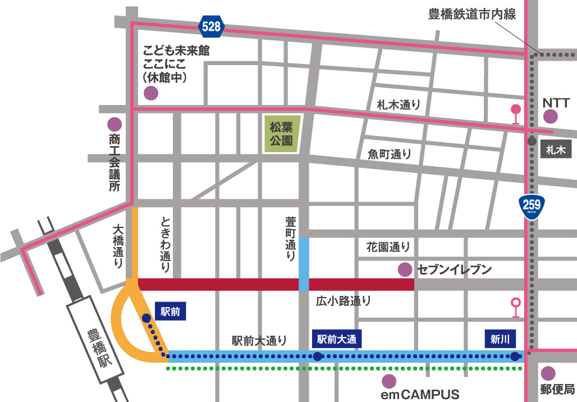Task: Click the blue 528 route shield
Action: [212, 26]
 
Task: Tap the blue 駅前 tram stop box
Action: [170, 312]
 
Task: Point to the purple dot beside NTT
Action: [551, 116]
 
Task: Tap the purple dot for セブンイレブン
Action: [404, 269]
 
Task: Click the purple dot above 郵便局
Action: [548, 373]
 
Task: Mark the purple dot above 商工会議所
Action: [115, 124]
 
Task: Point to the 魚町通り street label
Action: [390, 153]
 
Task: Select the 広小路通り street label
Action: [344, 300]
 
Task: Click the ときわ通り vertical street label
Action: [165, 244]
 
